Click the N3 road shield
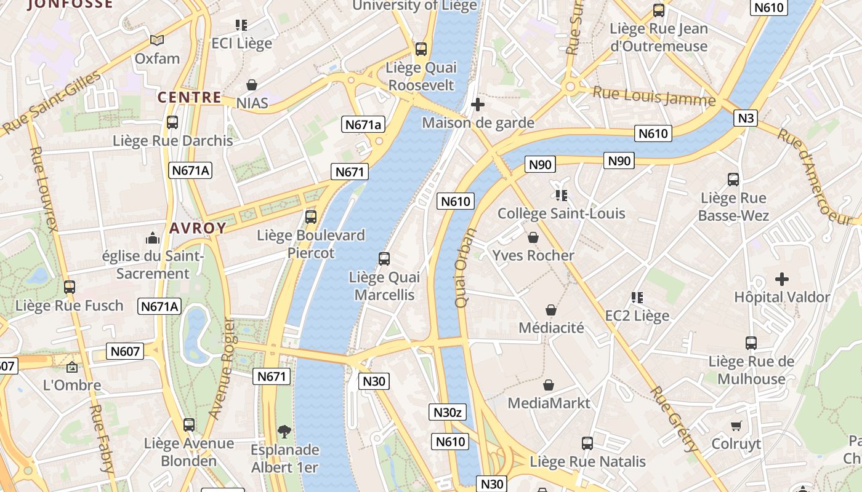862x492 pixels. [745, 117]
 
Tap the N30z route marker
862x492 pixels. [448, 412]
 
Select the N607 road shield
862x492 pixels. [126, 351]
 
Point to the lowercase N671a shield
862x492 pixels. [363, 125]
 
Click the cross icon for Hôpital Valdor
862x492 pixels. [782, 279]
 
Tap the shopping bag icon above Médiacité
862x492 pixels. [551, 310]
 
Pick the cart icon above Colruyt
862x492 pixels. [736, 426]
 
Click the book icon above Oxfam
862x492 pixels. [157, 41]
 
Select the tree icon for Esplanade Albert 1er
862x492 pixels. [284, 431]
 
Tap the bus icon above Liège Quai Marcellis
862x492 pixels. [384, 259]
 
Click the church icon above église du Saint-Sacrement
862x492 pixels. [152, 238]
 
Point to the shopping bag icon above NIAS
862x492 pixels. [251, 85]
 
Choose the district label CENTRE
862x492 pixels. [189, 97]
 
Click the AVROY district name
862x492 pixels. [198, 228]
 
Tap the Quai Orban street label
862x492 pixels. [465, 268]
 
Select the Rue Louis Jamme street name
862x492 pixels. [654, 97]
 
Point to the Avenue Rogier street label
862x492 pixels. [221, 369]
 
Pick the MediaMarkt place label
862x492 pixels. [549, 403]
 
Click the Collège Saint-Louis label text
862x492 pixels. [561, 214]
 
